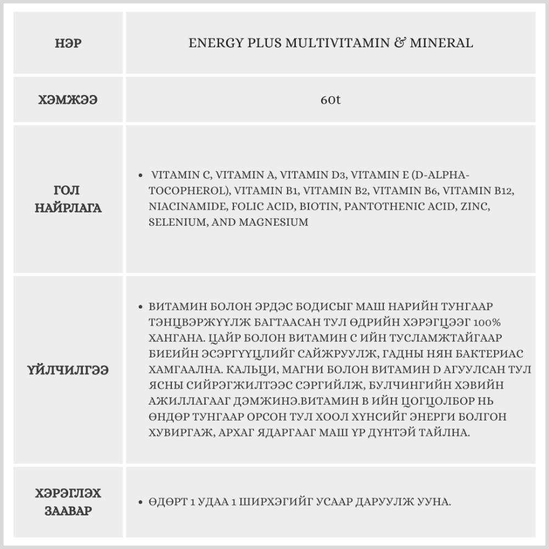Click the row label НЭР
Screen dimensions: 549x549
[x=68, y=43]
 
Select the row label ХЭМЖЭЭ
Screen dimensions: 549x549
[x=68, y=100]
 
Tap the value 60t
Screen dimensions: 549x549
[x=330, y=101]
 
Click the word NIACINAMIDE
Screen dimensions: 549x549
[x=184, y=206]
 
